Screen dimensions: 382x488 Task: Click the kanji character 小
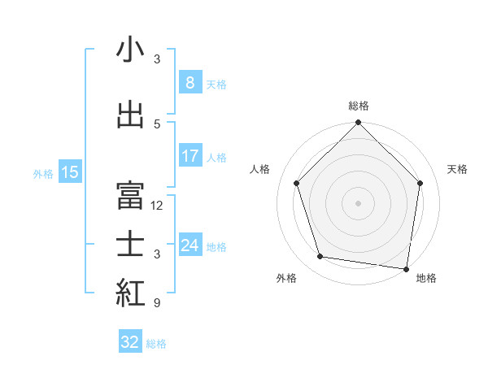(x=131, y=51)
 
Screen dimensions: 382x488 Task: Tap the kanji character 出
(x=131, y=115)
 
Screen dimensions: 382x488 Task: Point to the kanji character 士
(x=131, y=245)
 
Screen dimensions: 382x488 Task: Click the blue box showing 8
(x=190, y=83)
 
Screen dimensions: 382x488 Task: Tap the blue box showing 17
(x=190, y=156)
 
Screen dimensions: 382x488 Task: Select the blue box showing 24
(x=190, y=245)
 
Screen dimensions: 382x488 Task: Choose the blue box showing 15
(x=70, y=172)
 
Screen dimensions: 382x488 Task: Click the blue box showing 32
(x=130, y=342)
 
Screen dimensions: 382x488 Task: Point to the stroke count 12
(x=157, y=206)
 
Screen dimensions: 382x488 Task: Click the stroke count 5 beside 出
(x=157, y=124)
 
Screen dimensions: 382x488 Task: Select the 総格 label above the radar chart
(x=358, y=106)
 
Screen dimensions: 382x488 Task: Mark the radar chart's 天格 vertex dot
(x=420, y=183)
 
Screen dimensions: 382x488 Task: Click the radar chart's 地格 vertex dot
(x=406, y=267)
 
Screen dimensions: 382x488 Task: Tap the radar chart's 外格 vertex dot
(x=320, y=257)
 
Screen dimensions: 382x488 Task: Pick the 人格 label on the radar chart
(x=260, y=169)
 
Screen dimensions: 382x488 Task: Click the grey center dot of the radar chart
(x=358, y=202)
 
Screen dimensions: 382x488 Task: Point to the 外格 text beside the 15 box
(x=43, y=173)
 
